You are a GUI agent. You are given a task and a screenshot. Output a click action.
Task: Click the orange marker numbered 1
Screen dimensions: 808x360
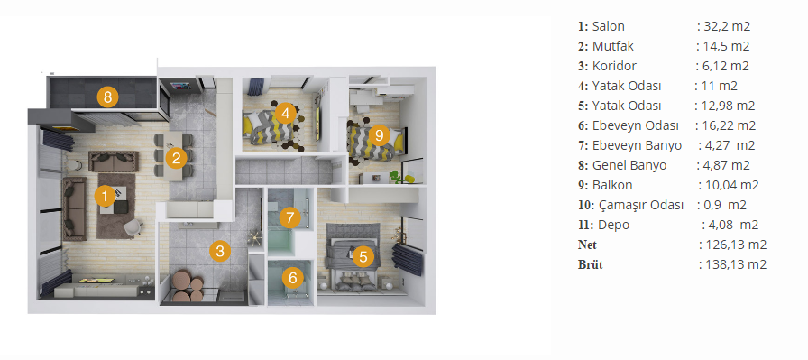pos(106,196)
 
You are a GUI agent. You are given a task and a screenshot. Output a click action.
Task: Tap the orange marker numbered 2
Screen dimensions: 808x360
pos(176,158)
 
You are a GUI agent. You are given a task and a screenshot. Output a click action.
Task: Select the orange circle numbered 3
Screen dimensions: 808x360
pos(220,251)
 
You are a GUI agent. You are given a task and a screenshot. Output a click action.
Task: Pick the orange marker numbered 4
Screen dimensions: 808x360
pos(285,113)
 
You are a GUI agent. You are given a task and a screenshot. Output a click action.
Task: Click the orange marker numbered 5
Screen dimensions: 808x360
pos(363,256)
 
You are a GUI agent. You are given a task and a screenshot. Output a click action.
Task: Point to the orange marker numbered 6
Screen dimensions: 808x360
pos(293,279)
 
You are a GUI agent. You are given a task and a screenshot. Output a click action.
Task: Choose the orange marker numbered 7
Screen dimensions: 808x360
pos(290,217)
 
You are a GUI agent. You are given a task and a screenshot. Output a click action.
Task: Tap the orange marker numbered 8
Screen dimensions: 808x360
pos(107,97)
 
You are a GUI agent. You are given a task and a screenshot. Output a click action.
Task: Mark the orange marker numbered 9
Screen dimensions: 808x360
pos(380,135)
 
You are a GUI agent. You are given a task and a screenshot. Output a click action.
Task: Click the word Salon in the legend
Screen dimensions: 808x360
pos(608,26)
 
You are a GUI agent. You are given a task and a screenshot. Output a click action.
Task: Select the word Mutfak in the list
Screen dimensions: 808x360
pos(612,46)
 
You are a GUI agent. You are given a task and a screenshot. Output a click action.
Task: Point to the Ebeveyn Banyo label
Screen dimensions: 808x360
pos(637,146)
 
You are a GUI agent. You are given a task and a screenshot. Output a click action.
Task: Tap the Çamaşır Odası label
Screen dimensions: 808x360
pos(641,206)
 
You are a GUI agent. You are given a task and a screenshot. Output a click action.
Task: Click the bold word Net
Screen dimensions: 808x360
pos(587,245)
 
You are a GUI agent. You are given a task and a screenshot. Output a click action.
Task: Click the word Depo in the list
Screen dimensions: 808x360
pos(614,226)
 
